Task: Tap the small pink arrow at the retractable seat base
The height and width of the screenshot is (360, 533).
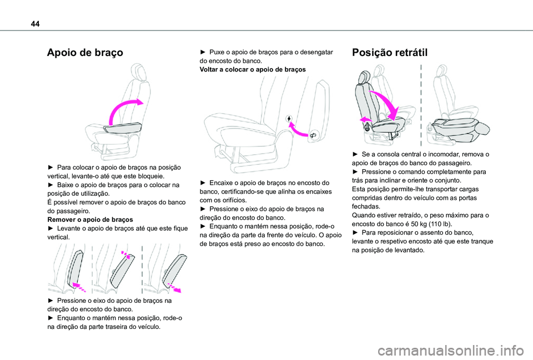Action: (365, 119)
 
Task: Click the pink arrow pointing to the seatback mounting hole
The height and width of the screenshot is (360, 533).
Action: (300, 130)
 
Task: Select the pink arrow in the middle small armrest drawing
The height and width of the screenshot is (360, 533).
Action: (128, 256)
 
